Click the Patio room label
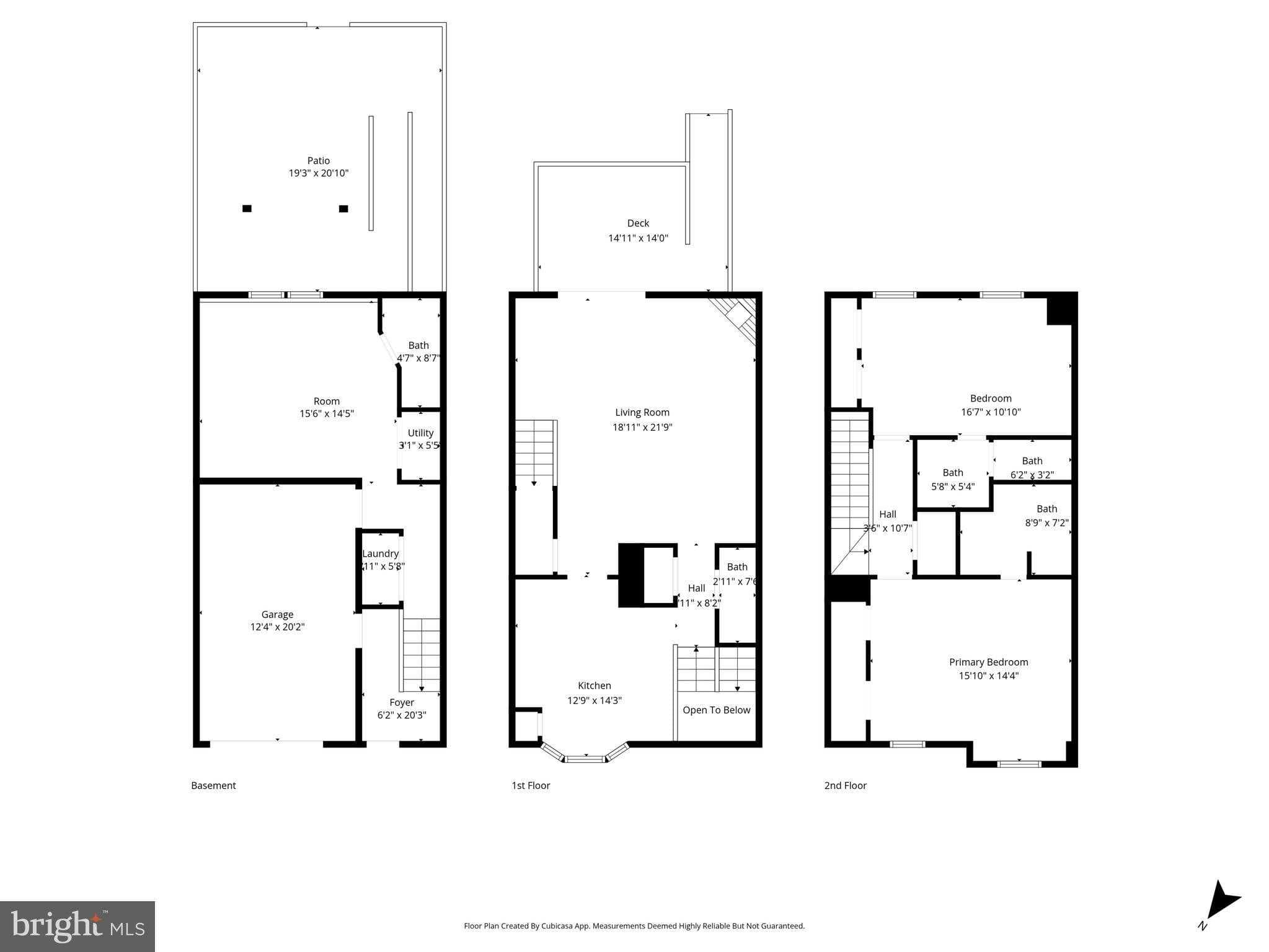pos(319,161)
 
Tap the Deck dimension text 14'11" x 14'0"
pos(638,238)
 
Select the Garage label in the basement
pos(277,614)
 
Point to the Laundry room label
pos(380,553)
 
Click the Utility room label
pos(420,433)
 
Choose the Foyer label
pos(402,702)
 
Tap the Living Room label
pos(642,412)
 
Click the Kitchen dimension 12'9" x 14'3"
pos(595,700)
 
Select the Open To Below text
pos(716,710)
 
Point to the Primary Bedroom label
pos(988,662)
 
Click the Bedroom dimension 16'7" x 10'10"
pos(991,412)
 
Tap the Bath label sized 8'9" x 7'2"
pos(1046,509)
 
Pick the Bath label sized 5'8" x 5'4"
pos(953,473)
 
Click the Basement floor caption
pos(213,785)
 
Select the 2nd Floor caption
pos(845,785)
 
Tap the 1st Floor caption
pos(531,785)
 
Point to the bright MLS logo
pos(77,926)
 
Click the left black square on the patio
pos(247,209)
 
